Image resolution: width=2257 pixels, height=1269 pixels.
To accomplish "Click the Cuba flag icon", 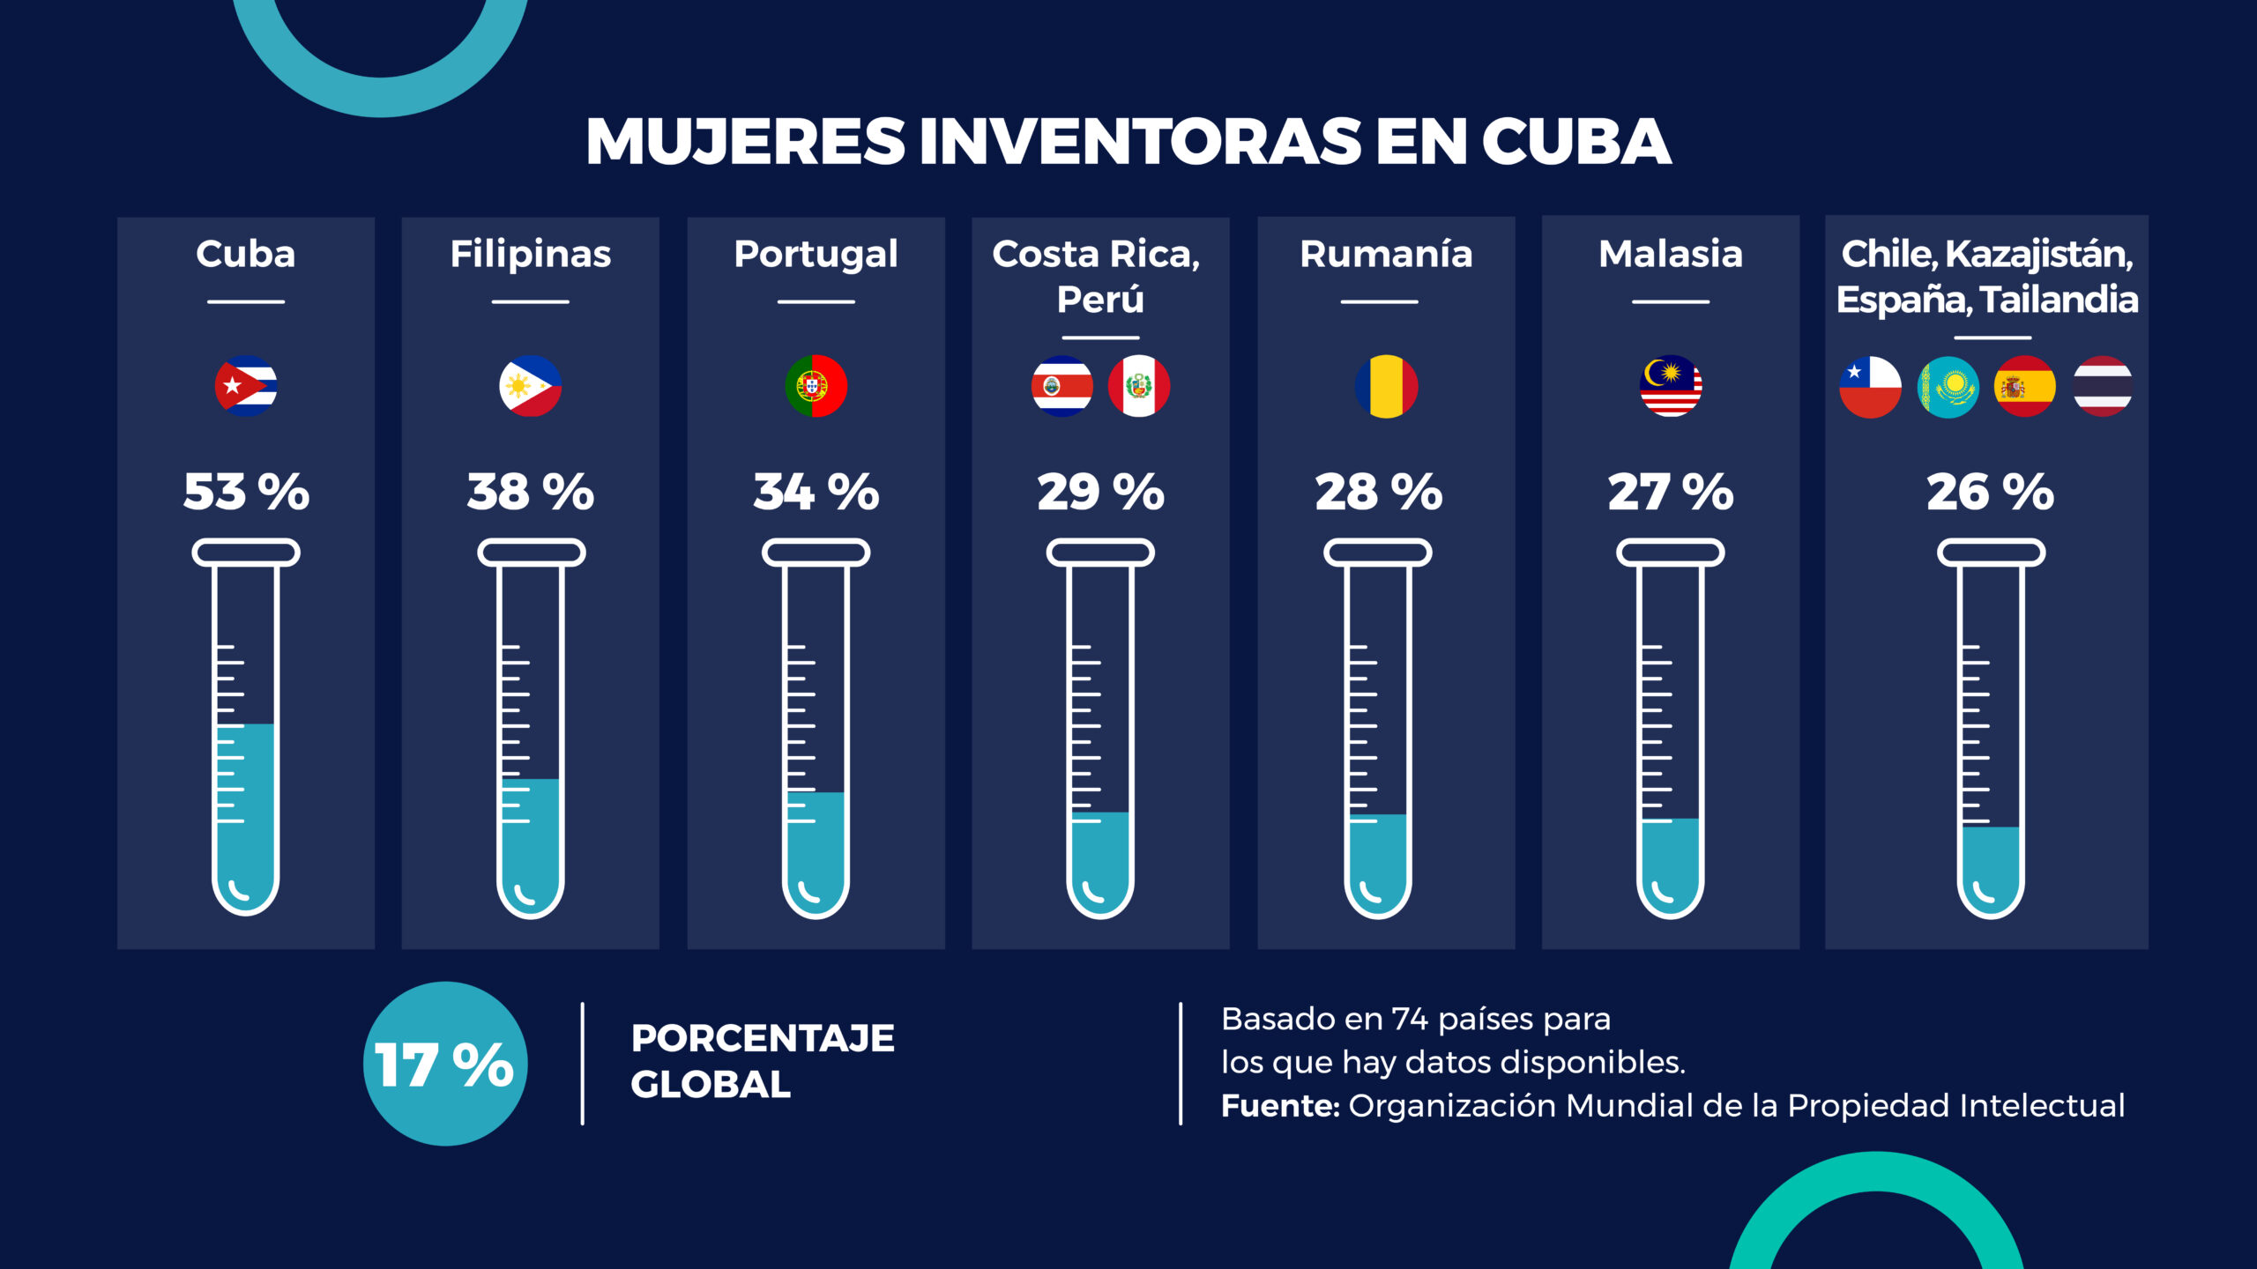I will (246, 386).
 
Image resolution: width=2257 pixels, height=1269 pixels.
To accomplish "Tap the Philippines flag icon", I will (530, 386).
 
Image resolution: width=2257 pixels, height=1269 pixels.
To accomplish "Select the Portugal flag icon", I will (816, 386).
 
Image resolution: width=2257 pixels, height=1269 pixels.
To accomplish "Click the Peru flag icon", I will (1139, 386).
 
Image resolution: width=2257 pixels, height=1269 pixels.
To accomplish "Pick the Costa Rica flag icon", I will (1062, 386).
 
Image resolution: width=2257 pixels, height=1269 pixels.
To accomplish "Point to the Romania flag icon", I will (1386, 386).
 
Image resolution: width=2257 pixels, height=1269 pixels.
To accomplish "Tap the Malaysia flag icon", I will (1671, 386).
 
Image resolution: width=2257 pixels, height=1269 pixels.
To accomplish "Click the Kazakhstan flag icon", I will (1948, 387).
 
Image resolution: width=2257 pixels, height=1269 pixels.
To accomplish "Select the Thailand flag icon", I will (2103, 386).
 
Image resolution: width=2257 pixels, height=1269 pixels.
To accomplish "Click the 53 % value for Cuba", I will (246, 492).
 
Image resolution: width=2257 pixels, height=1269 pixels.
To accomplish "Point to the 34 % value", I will (816, 492).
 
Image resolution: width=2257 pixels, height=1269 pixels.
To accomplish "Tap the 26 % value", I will (1990, 492).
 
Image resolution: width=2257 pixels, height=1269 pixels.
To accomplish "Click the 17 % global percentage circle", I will (445, 1064).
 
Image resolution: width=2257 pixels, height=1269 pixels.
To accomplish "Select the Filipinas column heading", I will (530, 254).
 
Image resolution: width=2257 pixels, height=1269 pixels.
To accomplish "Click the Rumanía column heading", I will (1386, 254).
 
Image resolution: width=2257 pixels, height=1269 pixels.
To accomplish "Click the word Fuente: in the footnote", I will (1280, 1105).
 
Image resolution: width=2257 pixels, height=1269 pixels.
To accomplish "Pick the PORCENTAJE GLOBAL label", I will (763, 1061).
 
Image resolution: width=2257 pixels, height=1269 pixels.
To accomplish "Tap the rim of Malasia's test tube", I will (1671, 553).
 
